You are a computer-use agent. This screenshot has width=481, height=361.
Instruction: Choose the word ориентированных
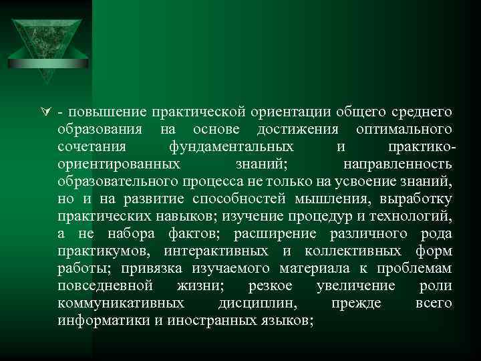tap(118, 163)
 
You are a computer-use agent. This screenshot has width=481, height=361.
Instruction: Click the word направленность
tap(397, 163)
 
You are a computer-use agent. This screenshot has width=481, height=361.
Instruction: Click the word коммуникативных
tap(121, 304)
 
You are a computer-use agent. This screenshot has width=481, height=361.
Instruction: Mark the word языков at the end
tap(287, 321)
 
